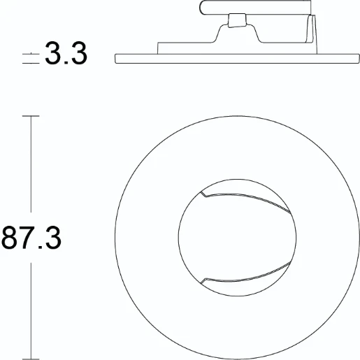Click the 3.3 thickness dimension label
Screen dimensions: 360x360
point(66,53)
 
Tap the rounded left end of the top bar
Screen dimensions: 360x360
point(203,8)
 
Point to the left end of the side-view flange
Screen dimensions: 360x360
point(116,59)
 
